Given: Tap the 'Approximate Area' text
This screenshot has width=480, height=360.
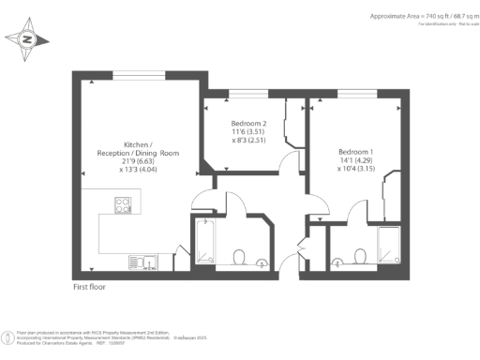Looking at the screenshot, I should click(394, 16).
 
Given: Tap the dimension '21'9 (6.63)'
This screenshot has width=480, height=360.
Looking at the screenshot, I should click(138, 162).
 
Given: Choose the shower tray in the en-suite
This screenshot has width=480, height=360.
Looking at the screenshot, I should click(389, 247).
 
